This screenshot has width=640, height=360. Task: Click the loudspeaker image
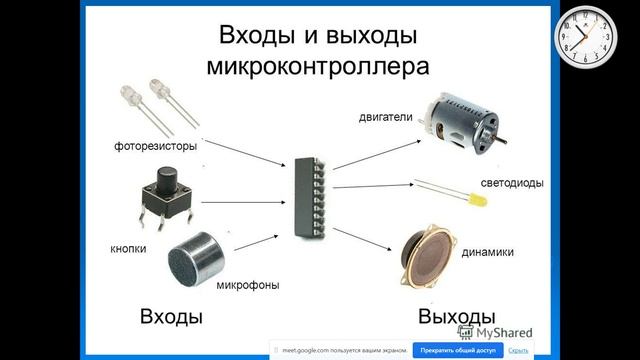coord(430,259)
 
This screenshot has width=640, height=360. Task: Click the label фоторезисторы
coord(155,147)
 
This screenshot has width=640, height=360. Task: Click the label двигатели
coord(385,118)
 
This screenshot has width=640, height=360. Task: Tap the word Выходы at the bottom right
coord(457,317)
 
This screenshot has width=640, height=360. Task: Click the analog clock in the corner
coord(588,35)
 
